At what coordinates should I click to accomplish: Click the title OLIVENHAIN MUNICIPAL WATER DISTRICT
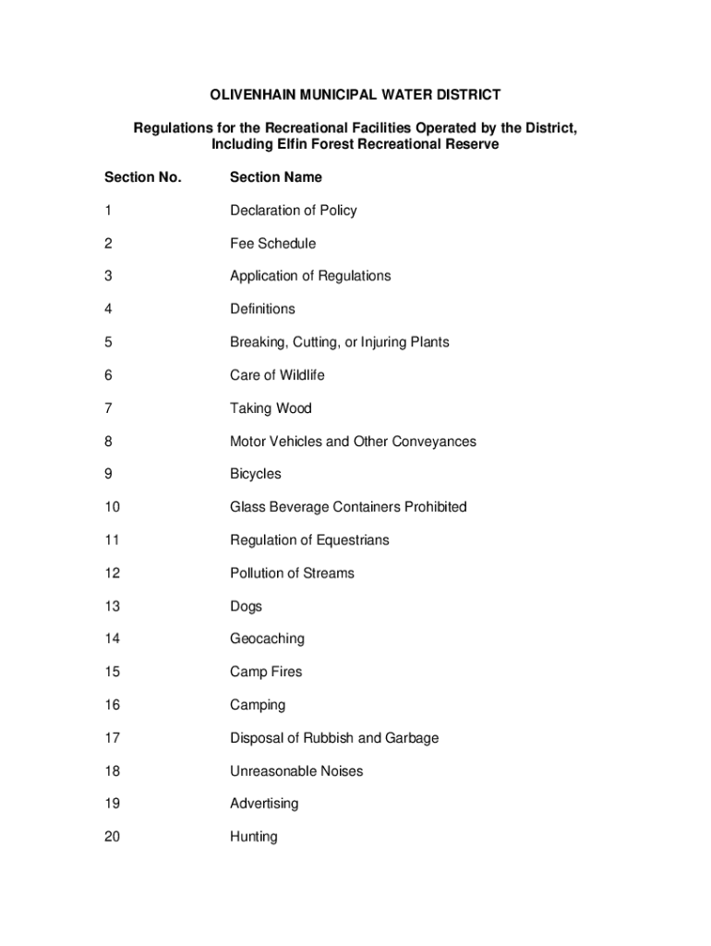click(x=355, y=94)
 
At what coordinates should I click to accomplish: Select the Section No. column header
click(x=143, y=176)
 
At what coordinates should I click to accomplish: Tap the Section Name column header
click(x=276, y=176)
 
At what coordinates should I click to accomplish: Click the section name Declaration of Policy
click(x=293, y=210)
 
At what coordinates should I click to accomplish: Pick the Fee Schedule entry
click(x=272, y=243)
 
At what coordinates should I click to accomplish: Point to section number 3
click(x=108, y=275)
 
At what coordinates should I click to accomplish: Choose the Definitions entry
click(x=262, y=309)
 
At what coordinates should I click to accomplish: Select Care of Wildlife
click(x=277, y=375)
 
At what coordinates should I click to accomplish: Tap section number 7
click(x=108, y=408)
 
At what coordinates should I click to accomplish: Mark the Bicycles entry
click(x=256, y=474)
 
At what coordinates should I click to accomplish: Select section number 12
click(x=112, y=573)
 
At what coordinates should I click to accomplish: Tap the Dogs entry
click(x=246, y=606)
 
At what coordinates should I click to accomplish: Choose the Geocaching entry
click(x=267, y=638)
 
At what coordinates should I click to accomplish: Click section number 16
click(x=112, y=705)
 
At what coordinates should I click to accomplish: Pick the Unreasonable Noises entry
click(x=296, y=770)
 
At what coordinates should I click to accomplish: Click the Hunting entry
click(x=253, y=837)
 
